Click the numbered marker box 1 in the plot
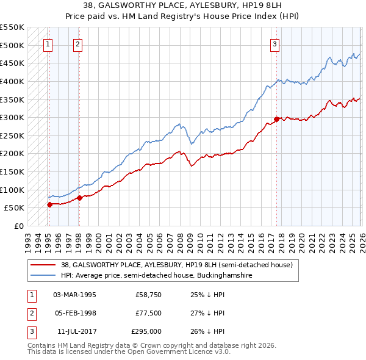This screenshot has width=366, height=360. pyautogui.click(x=48, y=43)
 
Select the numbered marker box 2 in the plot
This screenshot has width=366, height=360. pyautogui.click(x=78, y=43)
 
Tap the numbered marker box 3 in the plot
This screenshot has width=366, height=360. pyautogui.click(x=275, y=43)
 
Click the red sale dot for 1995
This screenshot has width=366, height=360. pyautogui.click(x=49, y=204)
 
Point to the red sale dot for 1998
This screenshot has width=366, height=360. pyautogui.click(x=79, y=198)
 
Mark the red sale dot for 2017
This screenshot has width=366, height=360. pyautogui.click(x=276, y=120)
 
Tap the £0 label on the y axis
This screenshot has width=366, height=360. pyautogui.click(x=18, y=226)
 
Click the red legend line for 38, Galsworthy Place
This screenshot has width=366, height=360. pyautogui.click(x=43, y=265)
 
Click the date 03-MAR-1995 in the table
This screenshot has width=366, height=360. pyautogui.click(x=74, y=295)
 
